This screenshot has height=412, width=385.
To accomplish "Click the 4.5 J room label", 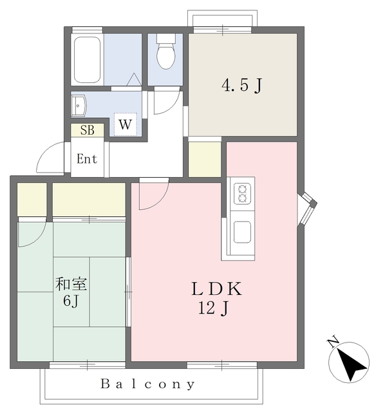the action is pyautogui.click(x=242, y=85).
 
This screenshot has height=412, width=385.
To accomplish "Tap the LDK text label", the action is pyautogui.click(x=217, y=288).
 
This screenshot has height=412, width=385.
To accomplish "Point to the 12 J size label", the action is pyautogui.click(x=213, y=308).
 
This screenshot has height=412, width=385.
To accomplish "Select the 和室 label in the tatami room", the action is pyautogui.click(x=71, y=284).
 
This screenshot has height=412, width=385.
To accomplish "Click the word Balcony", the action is pyautogui.click(x=147, y=384).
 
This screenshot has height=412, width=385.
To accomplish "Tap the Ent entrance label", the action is pyautogui.click(x=87, y=159).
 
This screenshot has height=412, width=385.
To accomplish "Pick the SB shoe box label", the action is pyautogui.click(x=88, y=130).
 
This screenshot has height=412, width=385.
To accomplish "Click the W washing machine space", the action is pyautogui.click(x=125, y=124).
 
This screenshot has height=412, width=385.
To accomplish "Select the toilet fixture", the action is pyautogui.click(x=166, y=51).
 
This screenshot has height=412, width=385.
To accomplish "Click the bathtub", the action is pyautogui.click(x=87, y=60).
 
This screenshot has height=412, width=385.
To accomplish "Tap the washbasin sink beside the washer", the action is pyautogui.click(x=79, y=106).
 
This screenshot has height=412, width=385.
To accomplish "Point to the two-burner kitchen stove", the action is pyautogui.click(x=242, y=194).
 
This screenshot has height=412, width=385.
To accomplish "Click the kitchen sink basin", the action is pyautogui.click(x=242, y=232).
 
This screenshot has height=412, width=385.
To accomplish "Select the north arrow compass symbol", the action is pyautogui.click(x=349, y=362).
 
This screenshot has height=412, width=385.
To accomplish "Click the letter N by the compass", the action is pyautogui.click(x=333, y=341).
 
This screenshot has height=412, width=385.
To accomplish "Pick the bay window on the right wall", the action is pyautogui.click(x=307, y=209).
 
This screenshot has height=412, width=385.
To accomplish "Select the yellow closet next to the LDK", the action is pyautogui.click(x=205, y=160).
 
